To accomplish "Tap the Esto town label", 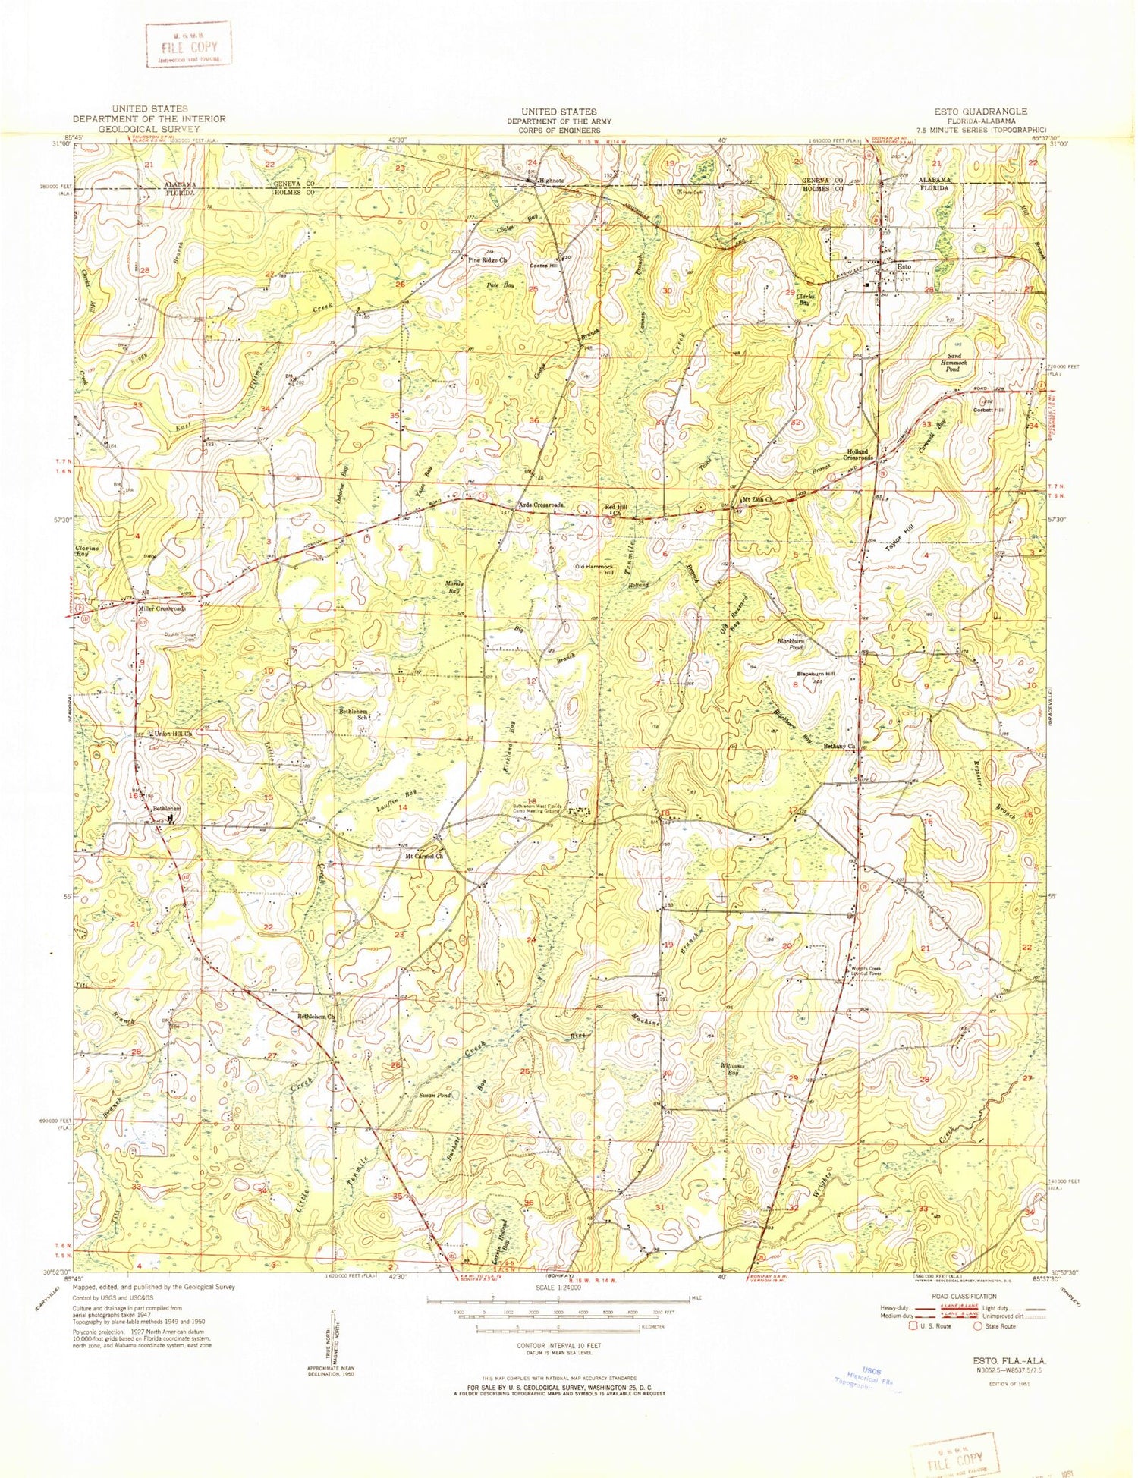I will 903,267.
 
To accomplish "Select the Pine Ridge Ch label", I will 487,260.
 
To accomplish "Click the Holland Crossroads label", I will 860,455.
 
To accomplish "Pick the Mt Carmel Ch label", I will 421,856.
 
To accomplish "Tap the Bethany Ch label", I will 839,746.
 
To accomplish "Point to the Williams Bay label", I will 733,1068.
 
